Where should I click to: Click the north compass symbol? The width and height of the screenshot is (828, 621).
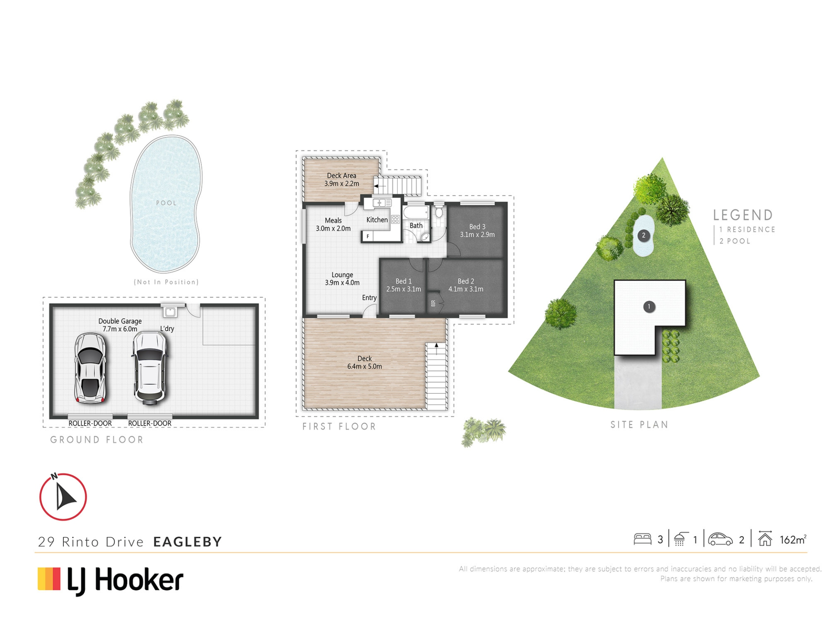(x=63, y=497)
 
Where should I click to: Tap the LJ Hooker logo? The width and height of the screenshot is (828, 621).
(x=111, y=580)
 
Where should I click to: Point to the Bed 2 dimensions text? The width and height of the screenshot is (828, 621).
(x=466, y=289)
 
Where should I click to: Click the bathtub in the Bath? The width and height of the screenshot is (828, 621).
(x=416, y=212)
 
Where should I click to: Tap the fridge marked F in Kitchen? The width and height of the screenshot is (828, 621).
(x=368, y=236)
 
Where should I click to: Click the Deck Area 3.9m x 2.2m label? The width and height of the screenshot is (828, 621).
(x=342, y=179)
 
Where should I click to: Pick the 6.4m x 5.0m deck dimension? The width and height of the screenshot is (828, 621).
(x=364, y=367)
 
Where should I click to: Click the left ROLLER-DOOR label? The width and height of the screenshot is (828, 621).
(x=90, y=423)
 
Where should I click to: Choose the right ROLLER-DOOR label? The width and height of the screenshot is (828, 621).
(x=150, y=423)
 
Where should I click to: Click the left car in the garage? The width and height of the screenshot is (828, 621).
(x=90, y=368)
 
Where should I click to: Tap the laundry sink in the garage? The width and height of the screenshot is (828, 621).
(x=169, y=311)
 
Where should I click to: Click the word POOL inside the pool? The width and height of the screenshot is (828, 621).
(x=166, y=203)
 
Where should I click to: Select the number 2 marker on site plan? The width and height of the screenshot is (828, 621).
(x=643, y=235)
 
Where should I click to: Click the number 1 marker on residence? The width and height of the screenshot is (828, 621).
(x=649, y=307)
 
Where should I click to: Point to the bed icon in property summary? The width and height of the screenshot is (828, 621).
(x=642, y=539)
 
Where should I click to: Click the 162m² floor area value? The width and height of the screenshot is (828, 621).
(x=793, y=539)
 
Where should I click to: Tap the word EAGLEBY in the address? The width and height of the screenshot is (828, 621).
(x=188, y=542)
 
